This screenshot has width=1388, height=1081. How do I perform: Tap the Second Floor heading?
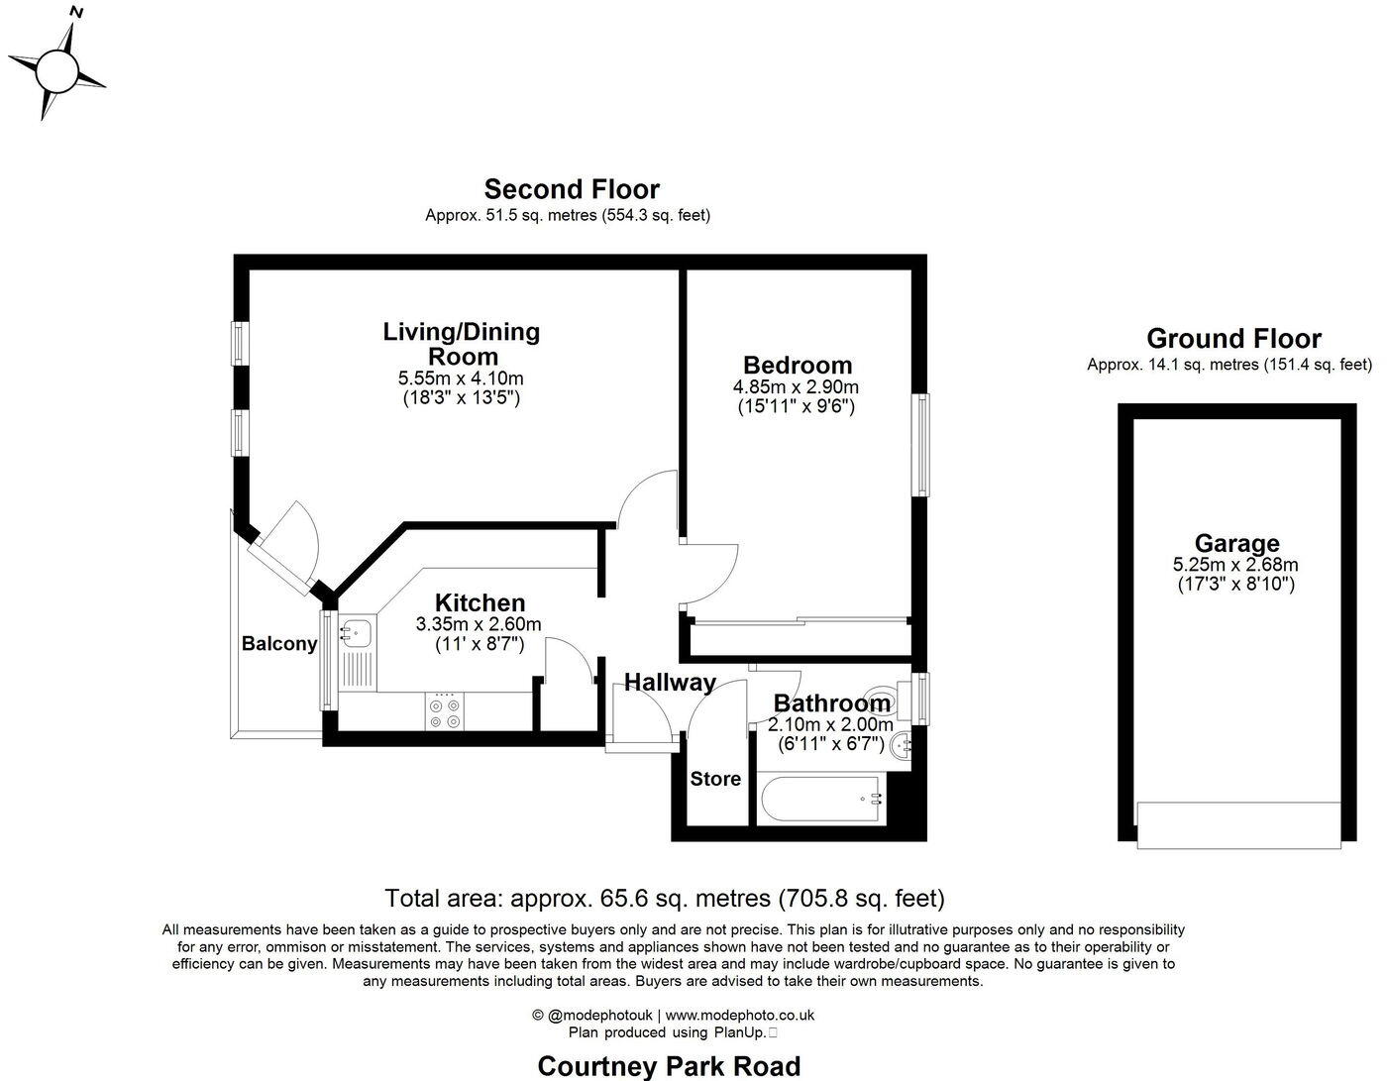[x=571, y=189]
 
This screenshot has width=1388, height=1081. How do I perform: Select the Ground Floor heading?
[x=1232, y=339]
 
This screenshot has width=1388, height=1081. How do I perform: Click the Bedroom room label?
[x=797, y=365]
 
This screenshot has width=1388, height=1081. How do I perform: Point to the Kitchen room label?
[x=480, y=602]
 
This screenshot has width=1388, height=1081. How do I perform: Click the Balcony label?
[x=279, y=644]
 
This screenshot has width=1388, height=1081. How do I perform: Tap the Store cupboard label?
[x=715, y=779]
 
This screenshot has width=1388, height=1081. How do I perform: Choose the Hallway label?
[x=670, y=682]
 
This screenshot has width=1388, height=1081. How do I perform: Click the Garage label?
[x=1235, y=543]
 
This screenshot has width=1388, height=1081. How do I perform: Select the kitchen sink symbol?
[x=356, y=630]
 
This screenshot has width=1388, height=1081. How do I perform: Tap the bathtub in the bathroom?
[x=818, y=799]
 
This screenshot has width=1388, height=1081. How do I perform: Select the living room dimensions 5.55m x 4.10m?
[x=461, y=378]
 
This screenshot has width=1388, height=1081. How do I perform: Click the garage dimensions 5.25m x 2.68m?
[x=1235, y=565]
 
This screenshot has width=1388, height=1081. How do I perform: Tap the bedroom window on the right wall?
[x=922, y=445]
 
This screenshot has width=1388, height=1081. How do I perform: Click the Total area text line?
[x=664, y=899]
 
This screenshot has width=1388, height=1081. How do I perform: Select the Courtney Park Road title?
[x=669, y=1066]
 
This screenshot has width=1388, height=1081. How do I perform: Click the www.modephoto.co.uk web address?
[x=739, y=1015]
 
